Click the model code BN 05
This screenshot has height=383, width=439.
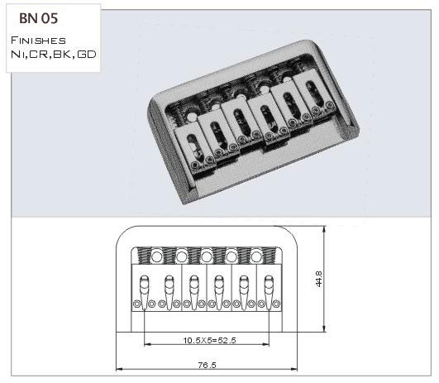tap(38, 18)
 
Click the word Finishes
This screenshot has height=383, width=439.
tap(38, 41)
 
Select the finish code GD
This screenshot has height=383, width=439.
tap(87, 54)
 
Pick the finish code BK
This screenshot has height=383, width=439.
tap(63, 54)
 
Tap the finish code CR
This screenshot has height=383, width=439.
tap(39, 54)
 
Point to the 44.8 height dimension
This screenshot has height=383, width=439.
tap(319, 279)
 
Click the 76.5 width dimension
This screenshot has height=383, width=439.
tap(207, 366)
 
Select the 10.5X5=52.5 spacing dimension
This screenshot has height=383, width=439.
tap(209, 341)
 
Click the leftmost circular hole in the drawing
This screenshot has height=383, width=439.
tap(156, 256)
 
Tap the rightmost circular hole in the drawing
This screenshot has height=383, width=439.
tap(256, 256)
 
